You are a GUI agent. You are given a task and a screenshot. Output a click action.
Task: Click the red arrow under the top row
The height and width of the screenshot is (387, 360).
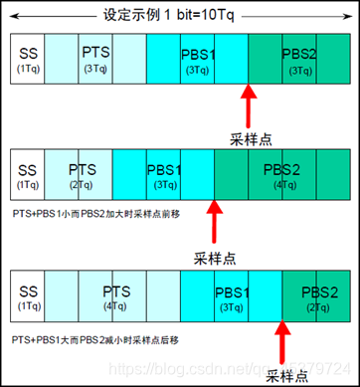[x=248, y=105]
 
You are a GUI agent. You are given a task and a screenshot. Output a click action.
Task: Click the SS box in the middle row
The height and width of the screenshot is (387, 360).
[x=27, y=175]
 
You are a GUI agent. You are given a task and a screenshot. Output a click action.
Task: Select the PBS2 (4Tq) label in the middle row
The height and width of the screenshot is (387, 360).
[x=280, y=175]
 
